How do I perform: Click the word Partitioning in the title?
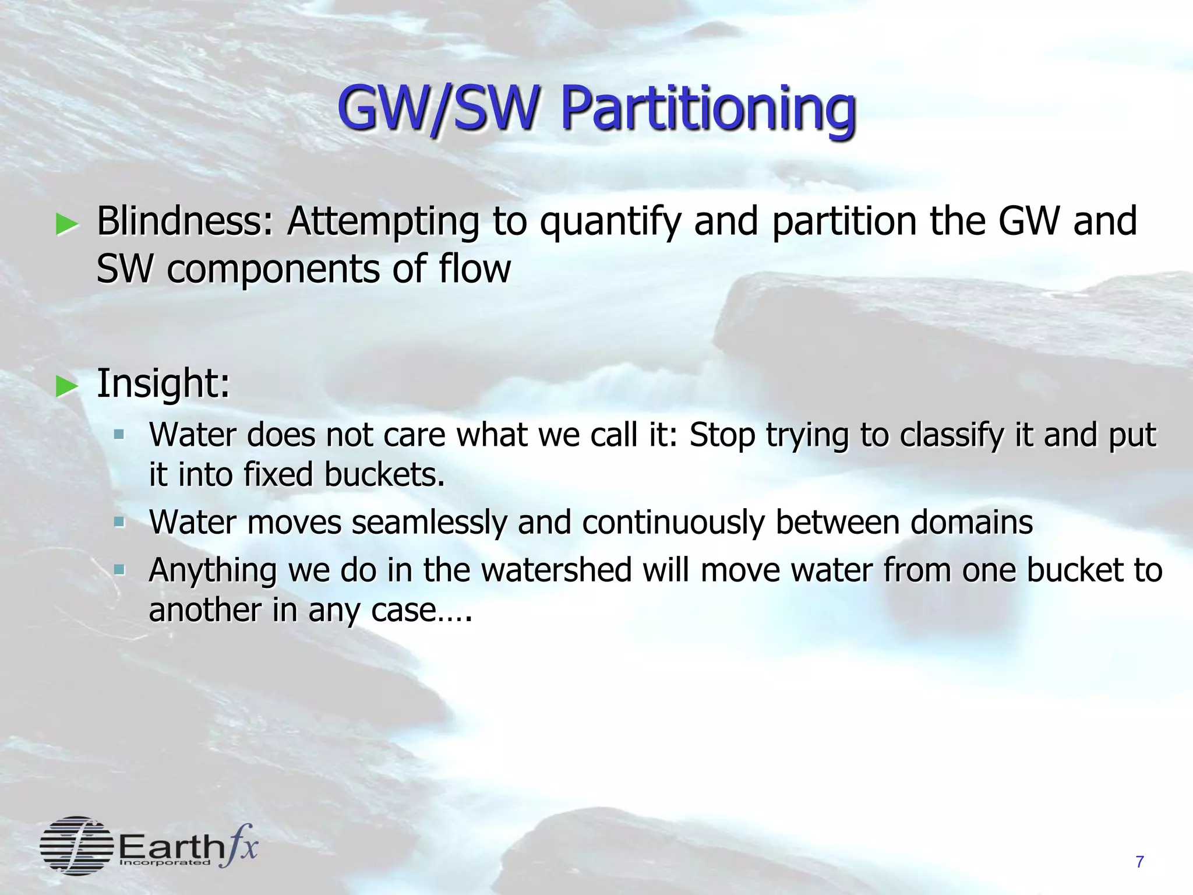pyautogui.click(x=708, y=110)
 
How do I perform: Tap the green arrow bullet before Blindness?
pyautogui.click(x=67, y=224)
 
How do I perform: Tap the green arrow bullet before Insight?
pyautogui.click(x=67, y=386)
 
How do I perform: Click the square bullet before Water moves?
pyautogui.click(x=119, y=522)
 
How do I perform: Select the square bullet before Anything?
pyautogui.click(x=119, y=569)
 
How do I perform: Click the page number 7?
pyautogui.click(x=1139, y=862)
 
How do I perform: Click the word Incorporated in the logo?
pyautogui.click(x=165, y=862)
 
